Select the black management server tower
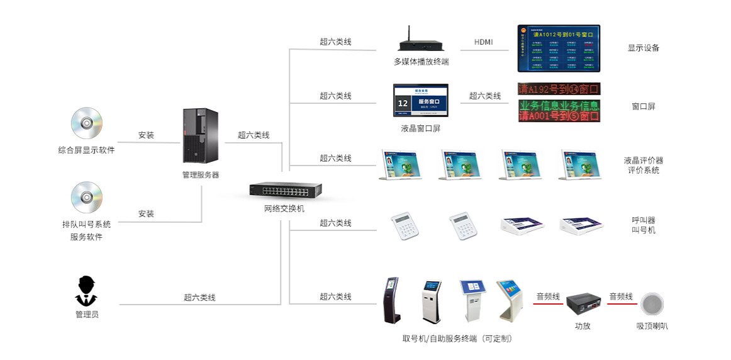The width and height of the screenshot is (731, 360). tap(200, 135)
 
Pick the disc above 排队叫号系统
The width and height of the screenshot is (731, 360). tap(86, 198)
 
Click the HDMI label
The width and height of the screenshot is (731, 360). tap(483, 42)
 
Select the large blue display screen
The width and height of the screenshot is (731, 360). tap(559, 48)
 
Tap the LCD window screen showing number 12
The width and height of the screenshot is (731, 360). tap(421, 101)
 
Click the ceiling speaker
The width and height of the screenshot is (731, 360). tap(652, 305)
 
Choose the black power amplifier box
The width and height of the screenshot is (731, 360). tap(583, 305)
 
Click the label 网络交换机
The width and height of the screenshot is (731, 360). tap(284, 208)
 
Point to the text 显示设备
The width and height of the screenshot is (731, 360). tap(643, 48)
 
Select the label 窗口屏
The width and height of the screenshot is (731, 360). tap(643, 106)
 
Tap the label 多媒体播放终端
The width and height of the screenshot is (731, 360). tap(421, 62)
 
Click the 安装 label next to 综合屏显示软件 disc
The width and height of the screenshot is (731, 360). tap(146, 135)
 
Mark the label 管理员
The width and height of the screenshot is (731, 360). tap(87, 314)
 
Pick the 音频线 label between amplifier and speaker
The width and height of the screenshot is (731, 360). tap(620, 296)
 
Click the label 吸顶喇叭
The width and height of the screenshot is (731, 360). tap(652, 326)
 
